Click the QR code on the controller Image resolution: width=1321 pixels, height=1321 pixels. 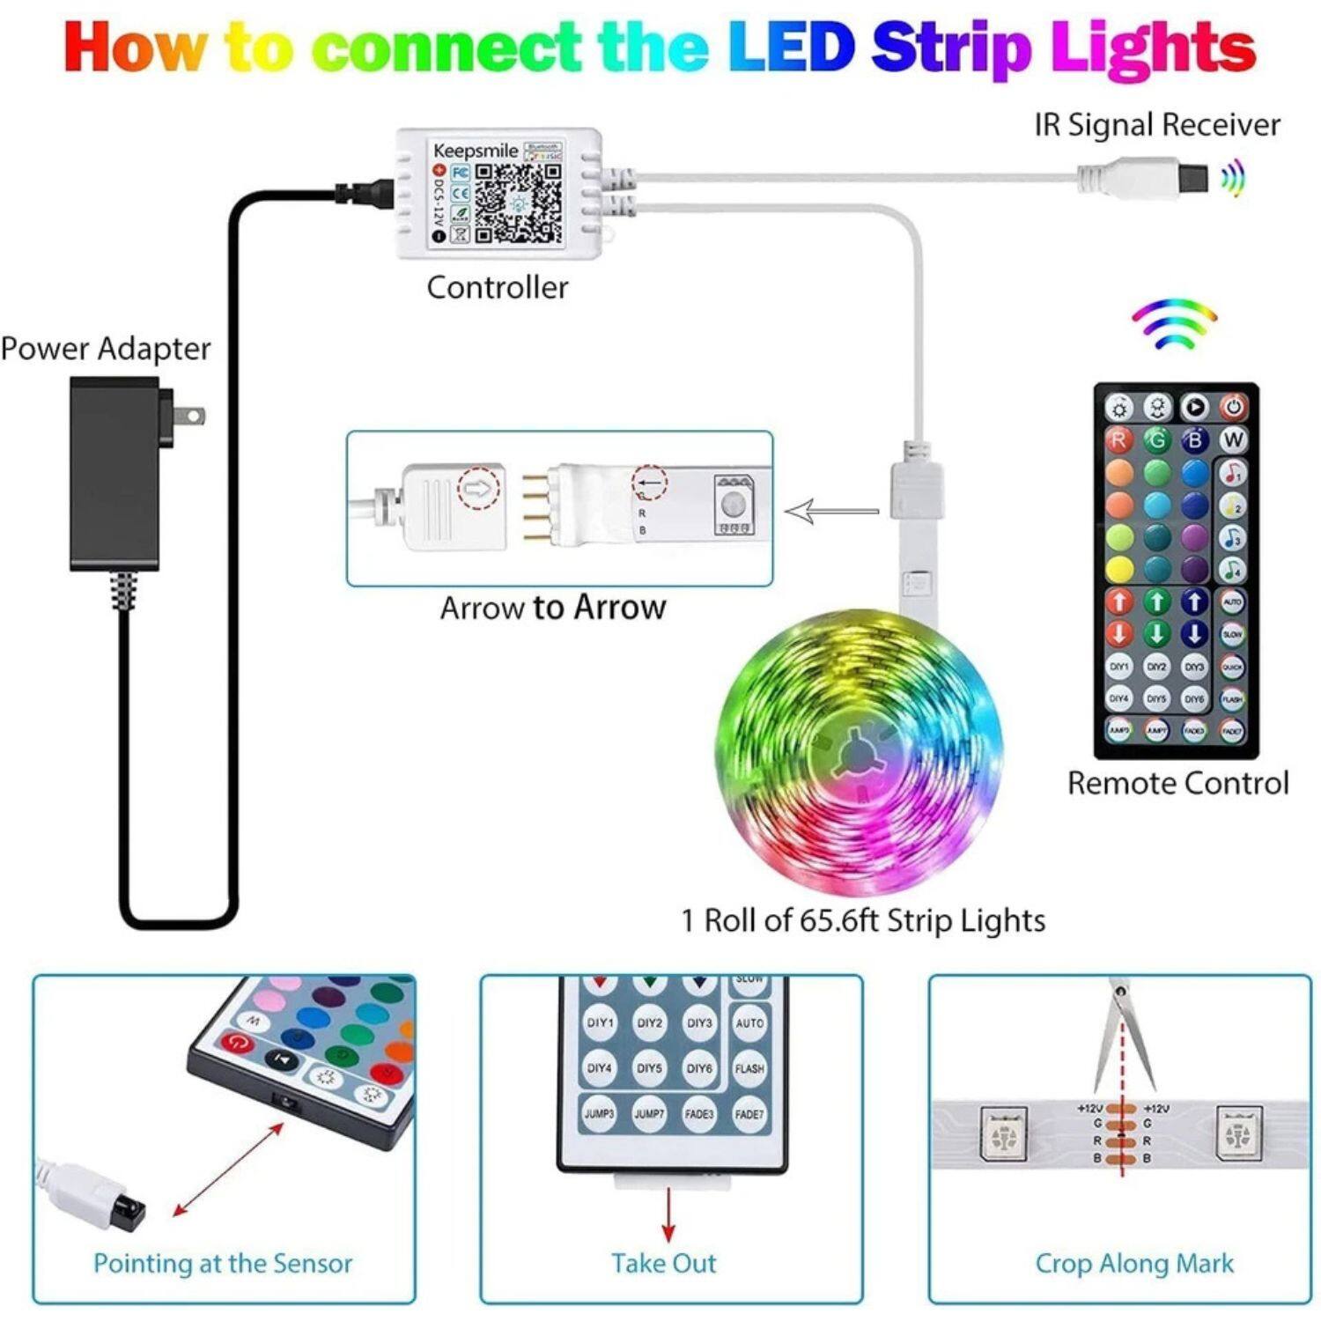point(518,203)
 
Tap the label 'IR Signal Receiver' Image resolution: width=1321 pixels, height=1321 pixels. point(1156,125)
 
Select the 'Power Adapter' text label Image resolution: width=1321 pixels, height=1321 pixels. point(106,349)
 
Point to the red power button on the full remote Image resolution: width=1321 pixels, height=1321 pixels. point(1233,407)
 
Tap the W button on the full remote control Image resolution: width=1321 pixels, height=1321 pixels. point(1233,439)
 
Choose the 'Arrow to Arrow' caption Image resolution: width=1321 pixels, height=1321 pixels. point(553,608)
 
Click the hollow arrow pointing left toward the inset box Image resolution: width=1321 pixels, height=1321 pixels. point(831,511)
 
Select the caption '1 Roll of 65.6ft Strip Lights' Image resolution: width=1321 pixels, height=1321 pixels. point(863,920)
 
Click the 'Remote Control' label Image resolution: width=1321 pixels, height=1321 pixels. point(1177,783)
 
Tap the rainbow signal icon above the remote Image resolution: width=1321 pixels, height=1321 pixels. point(1175,324)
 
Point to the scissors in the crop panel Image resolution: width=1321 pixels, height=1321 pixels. point(1123,1039)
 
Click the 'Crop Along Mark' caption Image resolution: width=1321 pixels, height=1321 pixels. point(1134,1264)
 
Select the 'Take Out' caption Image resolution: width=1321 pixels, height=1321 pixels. point(664,1264)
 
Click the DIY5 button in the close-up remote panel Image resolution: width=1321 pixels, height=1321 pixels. point(649,1068)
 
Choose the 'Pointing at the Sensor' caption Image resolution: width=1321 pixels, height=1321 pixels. point(223,1264)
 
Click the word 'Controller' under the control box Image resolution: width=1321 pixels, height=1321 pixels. point(498,287)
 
